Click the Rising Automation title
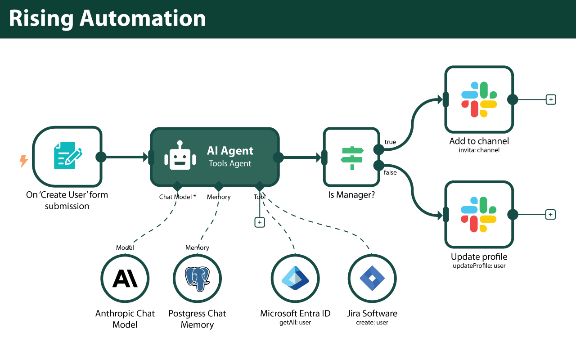click(107, 19)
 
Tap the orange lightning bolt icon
click(23, 161)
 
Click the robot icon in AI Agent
click(180, 156)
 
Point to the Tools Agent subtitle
click(230, 164)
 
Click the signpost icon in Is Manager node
click(351, 157)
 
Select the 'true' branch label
click(390, 142)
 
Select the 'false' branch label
click(390, 172)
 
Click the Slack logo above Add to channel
click(479, 99)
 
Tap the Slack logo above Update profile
click(479, 215)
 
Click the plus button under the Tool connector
click(260, 222)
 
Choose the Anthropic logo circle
click(125, 279)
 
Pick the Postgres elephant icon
click(197, 279)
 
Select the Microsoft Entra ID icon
click(295, 278)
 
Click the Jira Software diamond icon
click(372, 278)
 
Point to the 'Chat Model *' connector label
click(177, 197)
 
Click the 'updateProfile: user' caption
click(479, 266)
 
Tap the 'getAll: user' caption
click(295, 323)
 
